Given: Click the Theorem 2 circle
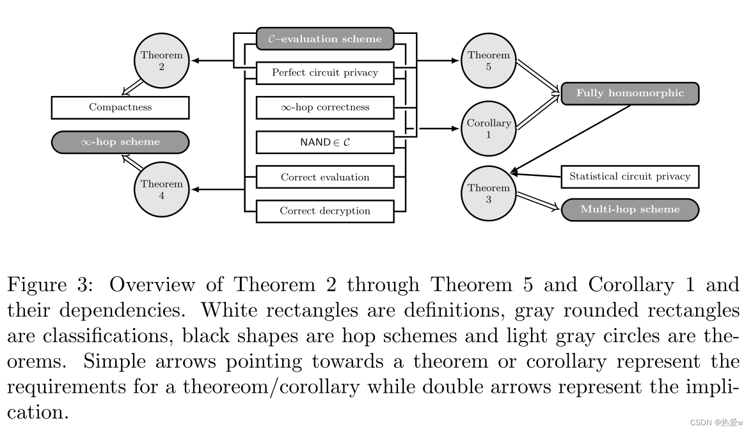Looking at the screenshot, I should (161, 60).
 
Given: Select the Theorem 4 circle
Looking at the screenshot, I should (161, 189).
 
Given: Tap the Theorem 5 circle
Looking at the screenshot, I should (488, 60).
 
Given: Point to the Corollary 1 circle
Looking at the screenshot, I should (488, 128).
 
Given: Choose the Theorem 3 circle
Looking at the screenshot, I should (488, 193).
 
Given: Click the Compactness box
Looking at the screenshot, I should (120, 107).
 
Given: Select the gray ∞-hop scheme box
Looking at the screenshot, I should (120, 142).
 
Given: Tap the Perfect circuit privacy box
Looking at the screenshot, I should (325, 73).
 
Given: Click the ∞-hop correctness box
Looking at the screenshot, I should (325, 107).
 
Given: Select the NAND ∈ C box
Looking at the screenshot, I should (325, 142).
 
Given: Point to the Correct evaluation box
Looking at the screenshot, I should (325, 177).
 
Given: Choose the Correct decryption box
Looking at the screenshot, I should (325, 211).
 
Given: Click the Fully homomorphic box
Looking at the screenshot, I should (630, 93).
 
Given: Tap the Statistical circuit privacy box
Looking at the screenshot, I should (630, 177).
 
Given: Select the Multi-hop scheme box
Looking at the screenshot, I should (630, 210).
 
